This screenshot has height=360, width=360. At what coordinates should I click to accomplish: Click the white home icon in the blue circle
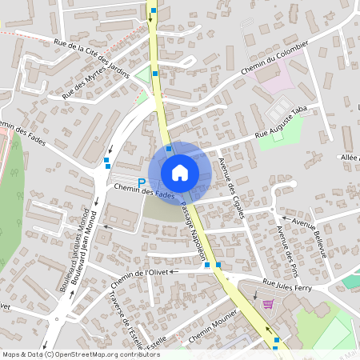(x=180, y=172)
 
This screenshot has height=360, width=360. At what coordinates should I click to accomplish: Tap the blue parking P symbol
(x=142, y=182)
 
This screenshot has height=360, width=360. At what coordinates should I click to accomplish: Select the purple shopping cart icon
(x=267, y=304)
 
